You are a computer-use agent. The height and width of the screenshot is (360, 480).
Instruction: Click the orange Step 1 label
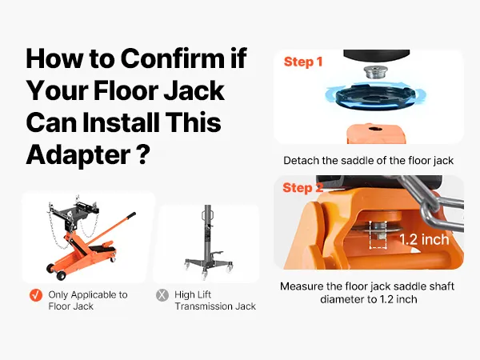tap(303, 62)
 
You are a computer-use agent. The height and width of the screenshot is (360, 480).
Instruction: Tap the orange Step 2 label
tap(302, 188)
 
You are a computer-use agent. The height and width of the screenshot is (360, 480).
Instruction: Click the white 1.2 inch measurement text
tap(424, 239)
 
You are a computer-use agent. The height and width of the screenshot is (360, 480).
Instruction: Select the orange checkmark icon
tap(36, 295)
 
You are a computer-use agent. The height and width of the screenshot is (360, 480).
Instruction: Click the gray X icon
tap(162, 295)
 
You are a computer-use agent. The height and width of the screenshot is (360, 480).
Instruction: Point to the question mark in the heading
tap(143, 154)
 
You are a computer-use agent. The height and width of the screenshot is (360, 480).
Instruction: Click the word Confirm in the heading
tap(173, 58)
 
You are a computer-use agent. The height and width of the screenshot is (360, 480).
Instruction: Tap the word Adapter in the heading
tap(78, 155)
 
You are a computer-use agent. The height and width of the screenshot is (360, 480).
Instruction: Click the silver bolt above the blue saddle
tap(373, 72)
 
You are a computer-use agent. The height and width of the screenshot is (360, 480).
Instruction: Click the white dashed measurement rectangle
tap(378, 234)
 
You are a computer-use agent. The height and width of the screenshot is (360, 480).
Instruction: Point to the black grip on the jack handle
tap(130, 216)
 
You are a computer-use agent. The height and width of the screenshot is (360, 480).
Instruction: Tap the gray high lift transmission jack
tap(209, 242)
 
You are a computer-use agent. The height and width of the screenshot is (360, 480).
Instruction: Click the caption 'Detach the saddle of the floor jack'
tap(368, 161)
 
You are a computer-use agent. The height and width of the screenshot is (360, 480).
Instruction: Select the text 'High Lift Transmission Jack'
tap(215, 300)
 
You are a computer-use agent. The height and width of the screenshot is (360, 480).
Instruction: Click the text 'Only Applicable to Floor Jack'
tap(88, 300)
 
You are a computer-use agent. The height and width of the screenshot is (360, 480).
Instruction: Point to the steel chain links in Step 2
tap(432, 202)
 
